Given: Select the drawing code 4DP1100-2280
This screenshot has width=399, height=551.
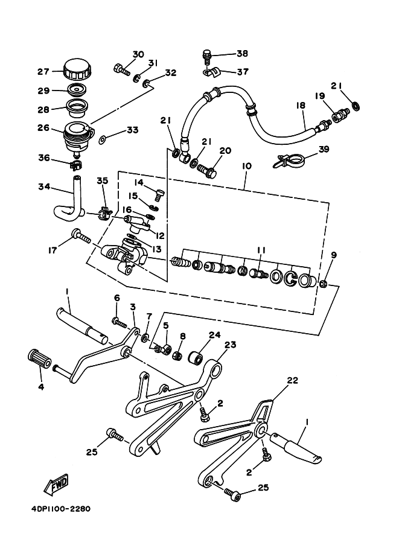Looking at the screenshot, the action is pos(60,509).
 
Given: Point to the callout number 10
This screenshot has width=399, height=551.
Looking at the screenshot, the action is pos(247,166).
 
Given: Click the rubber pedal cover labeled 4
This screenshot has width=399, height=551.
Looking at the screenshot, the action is pos(39,359).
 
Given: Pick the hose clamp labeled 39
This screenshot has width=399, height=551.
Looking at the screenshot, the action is pos(290,161).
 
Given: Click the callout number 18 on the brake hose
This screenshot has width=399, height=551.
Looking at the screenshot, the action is pos(301,106).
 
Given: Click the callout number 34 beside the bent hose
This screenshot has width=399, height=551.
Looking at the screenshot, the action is pos(44,186).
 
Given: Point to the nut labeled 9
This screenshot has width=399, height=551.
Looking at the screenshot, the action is pos(324,283).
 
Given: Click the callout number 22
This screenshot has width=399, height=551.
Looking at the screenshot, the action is pos(292,380).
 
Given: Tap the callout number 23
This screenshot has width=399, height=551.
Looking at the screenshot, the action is pos(230,345).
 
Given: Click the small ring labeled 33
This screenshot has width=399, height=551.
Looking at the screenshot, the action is pos(103,140).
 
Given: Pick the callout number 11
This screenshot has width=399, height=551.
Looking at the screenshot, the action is pos(261,250).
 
